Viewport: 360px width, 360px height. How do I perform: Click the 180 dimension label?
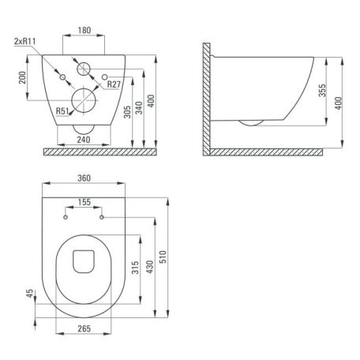[x=84, y=31]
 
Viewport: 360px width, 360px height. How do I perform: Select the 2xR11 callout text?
[x=25, y=41]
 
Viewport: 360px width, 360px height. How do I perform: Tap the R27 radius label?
[x=114, y=84]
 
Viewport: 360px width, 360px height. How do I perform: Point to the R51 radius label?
[x=62, y=111]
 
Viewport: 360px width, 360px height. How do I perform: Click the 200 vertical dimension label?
[x=23, y=77]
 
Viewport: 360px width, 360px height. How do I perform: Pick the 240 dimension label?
[x=84, y=140]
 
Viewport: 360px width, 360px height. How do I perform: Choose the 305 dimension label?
[x=127, y=112]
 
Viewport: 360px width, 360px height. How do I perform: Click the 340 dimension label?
[x=139, y=108]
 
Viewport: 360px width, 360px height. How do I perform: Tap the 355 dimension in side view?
[x=322, y=90]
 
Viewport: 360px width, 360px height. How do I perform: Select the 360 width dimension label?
[x=84, y=178]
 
